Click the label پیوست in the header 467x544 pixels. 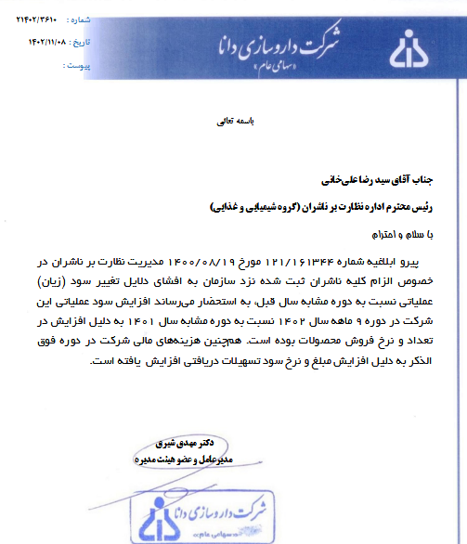(x=81, y=66)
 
